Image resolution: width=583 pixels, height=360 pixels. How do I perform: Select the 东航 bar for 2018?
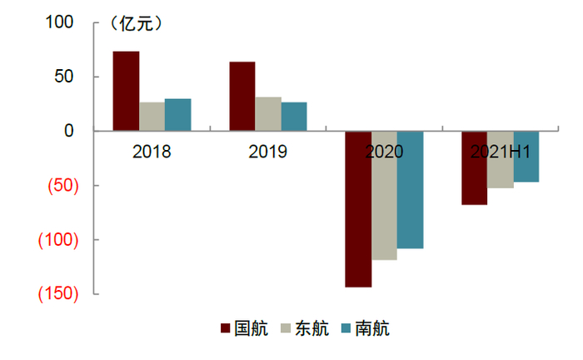click(152, 117)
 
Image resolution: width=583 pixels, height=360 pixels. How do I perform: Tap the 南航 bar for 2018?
click(178, 115)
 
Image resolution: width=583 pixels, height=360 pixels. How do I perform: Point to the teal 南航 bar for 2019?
click(294, 117)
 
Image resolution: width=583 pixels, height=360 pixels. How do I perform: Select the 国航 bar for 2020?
click(358, 209)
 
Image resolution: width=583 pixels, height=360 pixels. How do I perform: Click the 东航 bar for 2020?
click(384, 196)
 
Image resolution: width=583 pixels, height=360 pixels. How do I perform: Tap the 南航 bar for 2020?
click(410, 190)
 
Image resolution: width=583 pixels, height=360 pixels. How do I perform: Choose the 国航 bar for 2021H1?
click(475, 167)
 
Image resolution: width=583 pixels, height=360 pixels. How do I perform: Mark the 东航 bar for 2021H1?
click(501, 159)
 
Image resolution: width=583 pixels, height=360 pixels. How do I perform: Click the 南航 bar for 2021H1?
click(526, 157)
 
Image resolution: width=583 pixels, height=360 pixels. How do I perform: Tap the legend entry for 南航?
click(366, 328)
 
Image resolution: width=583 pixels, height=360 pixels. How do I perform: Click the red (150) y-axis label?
click(58, 294)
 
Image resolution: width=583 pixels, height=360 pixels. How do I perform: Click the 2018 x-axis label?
click(152, 152)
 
